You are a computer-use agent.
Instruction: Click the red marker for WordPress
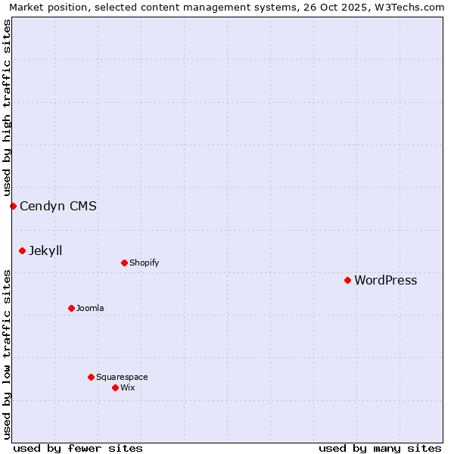(x=347, y=280)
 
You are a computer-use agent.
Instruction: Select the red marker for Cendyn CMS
(x=13, y=206)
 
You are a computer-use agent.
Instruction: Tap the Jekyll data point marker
(x=22, y=250)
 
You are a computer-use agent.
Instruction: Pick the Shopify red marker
(x=124, y=263)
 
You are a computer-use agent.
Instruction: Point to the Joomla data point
(x=71, y=308)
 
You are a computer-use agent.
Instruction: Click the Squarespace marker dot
(x=91, y=377)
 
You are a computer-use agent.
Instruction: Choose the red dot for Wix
(x=115, y=387)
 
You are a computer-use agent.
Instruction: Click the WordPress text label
(x=385, y=281)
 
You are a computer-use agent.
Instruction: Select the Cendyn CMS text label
(x=58, y=206)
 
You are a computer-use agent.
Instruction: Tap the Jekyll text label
(x=45, y=251)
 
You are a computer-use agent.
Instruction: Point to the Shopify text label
(x=144, y=263)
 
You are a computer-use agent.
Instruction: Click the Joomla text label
(x=90, y=309)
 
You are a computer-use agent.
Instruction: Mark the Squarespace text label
(x=122, y=378)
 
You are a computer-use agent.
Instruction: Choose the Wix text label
(x=127, y=388)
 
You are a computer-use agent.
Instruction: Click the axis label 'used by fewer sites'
(x=78, y=448)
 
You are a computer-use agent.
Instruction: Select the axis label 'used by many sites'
(x=380, y=448)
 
